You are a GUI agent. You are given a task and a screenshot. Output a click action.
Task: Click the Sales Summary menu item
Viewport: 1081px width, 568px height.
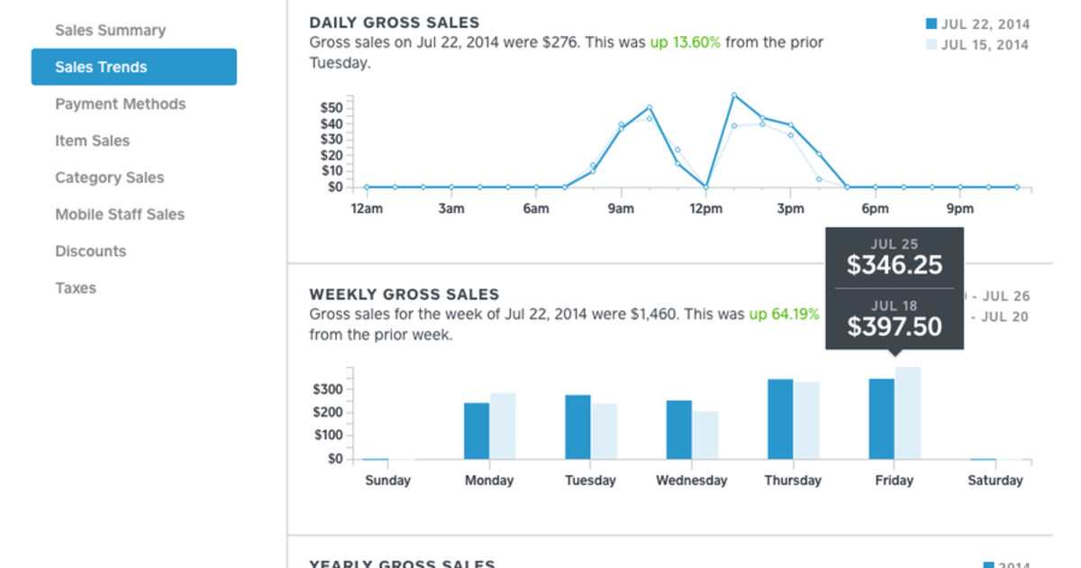click(110, 31)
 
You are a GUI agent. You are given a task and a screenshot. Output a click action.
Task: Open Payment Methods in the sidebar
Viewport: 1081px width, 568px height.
click(120, 105)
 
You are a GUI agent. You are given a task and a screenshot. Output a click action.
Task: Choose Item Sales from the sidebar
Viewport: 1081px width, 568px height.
click(92, 142)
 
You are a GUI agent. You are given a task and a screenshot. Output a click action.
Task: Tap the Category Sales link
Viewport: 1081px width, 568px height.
click(109, 179)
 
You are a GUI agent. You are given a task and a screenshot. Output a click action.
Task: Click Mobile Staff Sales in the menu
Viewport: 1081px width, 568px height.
click(119, 215)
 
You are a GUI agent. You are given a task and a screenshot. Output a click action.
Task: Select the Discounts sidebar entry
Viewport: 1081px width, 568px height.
click(90, 252)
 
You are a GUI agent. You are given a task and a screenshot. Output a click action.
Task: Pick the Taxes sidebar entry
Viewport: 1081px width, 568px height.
click(75, 289)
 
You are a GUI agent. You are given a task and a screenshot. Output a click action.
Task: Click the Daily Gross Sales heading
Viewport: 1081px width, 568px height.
click(394, 23)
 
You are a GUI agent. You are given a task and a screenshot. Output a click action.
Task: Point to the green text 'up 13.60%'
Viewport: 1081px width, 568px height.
click(685, 42)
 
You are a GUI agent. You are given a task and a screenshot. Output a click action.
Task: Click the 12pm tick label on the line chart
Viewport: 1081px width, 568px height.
click(705, 209)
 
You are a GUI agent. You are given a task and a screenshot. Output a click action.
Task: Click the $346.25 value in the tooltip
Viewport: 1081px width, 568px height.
click(894, 265)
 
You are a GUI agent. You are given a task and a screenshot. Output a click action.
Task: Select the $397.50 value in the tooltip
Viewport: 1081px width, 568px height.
click(894, 325)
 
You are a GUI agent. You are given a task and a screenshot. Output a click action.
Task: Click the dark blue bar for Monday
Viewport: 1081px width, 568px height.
click(477, 431)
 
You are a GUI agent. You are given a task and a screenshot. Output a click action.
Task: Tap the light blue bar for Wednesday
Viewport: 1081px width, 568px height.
click(705, 435)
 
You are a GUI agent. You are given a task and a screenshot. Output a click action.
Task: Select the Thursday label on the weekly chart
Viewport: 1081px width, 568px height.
click(793, 481)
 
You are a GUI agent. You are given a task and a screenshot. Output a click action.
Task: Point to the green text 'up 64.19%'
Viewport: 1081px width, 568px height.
click(784, 315)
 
